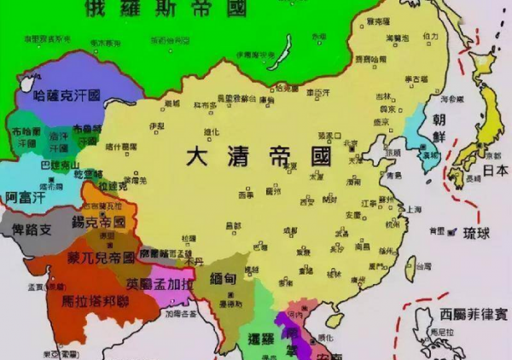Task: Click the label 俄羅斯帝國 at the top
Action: [162, 10]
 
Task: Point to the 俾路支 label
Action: [33, 229]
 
